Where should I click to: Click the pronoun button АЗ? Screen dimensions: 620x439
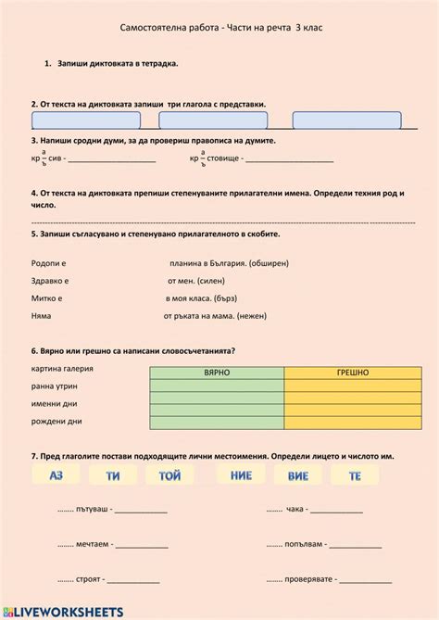click(x=56, y=475)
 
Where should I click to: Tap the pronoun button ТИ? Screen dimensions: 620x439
click(x=113, y=475)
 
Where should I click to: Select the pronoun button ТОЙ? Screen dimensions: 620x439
click(x=169, y=475)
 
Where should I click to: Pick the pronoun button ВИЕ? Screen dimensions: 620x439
click(x=298, y=475)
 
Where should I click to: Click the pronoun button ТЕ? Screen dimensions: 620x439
click(x=354, y=475)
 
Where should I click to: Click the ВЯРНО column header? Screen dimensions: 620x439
click(x=217, y=372)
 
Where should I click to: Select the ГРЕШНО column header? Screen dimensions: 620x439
click(x=353, y=372)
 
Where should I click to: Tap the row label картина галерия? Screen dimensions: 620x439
click(x=62, y=368)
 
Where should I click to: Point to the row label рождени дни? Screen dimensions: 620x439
click(x=56, y=421)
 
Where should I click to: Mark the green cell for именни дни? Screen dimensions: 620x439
click(x=217, y=410)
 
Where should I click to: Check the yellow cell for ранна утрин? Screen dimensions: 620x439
click(x=353, y=385)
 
